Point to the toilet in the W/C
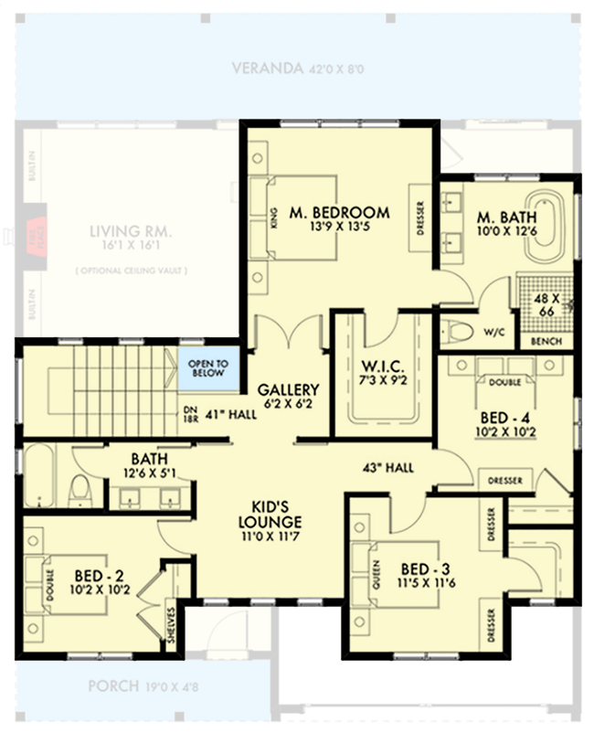click(x=459, y=331)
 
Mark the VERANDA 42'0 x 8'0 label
click(x=299, y=69)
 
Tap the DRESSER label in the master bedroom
click(x=420, y=218)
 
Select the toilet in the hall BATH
click(x=80, y=489)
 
